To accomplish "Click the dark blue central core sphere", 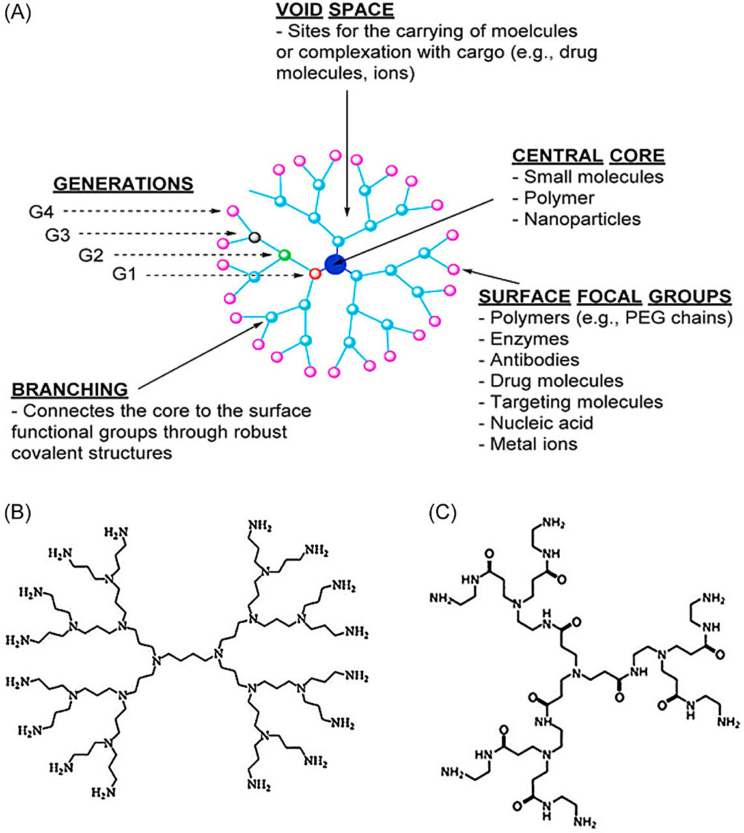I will [x=335, y=264].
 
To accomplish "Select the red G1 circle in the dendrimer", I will [x=315, y=274].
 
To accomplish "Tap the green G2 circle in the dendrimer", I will [x=284, y=254].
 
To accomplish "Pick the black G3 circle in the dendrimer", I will [x=255, y=237].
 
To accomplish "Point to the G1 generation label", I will [x=125, y=275].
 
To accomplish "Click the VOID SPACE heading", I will [x=334, y=10].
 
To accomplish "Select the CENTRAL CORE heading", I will [x=588, y=156].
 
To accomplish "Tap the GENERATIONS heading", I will [x=123, y=184].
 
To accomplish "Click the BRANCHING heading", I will [x=70, y=390].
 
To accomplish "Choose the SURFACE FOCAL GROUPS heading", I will [x=605, y=297].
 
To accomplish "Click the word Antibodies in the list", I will [x=534, y=360].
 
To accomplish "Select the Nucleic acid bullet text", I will [x=541, y=423].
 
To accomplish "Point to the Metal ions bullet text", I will [x=533, y=444].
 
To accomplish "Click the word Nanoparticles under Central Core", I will [x=582, y=219].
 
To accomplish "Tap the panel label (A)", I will [x=18, y=13].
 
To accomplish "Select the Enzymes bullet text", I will [x=529, y=339].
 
